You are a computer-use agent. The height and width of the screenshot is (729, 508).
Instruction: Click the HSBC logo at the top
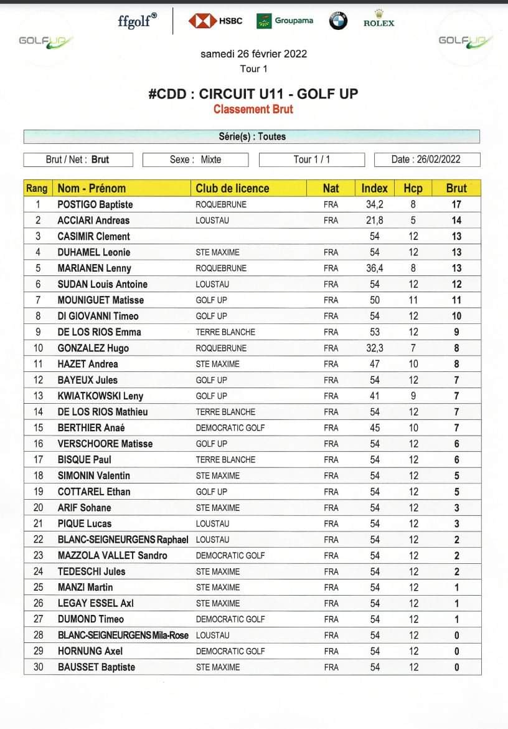coord(215,21)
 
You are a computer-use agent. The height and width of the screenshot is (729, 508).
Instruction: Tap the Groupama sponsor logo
coord(285,21)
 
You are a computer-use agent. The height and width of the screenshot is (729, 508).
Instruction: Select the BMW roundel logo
coord(337,21)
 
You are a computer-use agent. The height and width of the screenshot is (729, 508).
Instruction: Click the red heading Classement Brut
coord(253,109)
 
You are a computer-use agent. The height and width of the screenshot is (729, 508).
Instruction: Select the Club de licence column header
coord(232,188)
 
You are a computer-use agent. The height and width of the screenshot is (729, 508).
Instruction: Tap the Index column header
coord(374,188)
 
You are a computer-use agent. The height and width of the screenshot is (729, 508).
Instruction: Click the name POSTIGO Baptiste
coord(95,204)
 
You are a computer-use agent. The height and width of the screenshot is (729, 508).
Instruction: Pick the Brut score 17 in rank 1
coord(456,204)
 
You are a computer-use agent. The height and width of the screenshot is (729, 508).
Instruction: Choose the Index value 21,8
coord(375,220)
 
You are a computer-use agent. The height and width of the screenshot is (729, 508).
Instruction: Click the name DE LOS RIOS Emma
coord(99,332)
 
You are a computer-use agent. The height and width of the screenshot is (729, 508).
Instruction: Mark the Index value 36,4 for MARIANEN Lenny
coord(375,268)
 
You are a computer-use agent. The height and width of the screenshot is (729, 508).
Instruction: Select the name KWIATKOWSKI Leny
coord(100,396)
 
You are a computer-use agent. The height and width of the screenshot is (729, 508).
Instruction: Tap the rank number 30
coord(38,667)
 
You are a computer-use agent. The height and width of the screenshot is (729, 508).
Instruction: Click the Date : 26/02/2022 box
coord(426,160)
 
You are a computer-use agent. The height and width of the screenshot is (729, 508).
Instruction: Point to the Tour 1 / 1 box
coord(311,160)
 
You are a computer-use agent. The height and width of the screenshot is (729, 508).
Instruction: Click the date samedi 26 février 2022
coord(253,54)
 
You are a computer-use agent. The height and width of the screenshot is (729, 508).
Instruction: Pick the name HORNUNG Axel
coord(90,651)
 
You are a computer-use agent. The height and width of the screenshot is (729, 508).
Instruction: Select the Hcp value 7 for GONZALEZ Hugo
coord(413,348)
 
